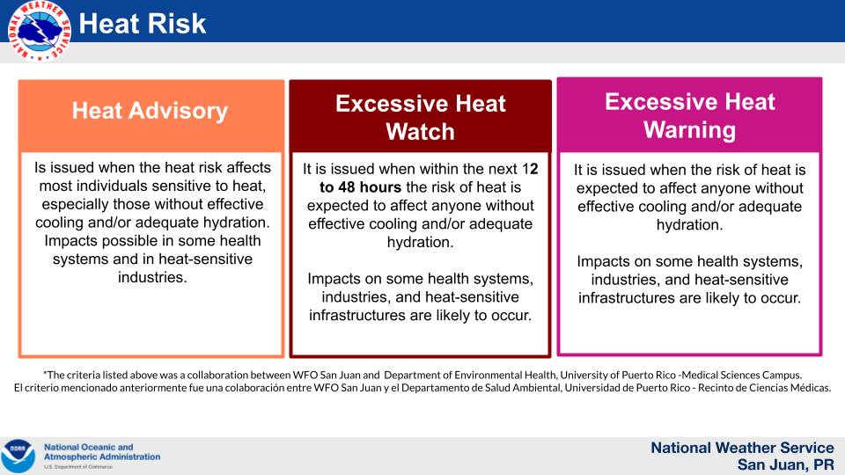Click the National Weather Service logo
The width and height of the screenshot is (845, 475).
point(39,31)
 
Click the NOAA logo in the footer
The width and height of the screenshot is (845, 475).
point(18,456)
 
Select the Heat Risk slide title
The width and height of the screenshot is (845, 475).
point(143,24)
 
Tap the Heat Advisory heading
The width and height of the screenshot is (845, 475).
point(151,111)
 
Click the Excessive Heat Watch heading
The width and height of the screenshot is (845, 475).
point(421,117)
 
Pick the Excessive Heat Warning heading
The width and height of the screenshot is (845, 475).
point(690,116)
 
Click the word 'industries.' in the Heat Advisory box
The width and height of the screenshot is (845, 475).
point(152,277)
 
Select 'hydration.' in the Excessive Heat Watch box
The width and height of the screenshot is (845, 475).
point(421,243)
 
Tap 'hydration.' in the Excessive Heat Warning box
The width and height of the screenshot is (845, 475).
point(690,225)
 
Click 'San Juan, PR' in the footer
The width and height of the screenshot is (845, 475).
point(786,464)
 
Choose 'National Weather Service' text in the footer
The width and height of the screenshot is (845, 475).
point(743,448)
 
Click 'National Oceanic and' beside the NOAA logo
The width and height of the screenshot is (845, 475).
point(88,447)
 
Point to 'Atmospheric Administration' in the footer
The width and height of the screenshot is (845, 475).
point(102,457)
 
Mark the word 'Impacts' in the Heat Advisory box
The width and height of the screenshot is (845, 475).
point(70,241)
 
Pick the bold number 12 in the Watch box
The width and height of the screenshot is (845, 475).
point(530,169)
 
